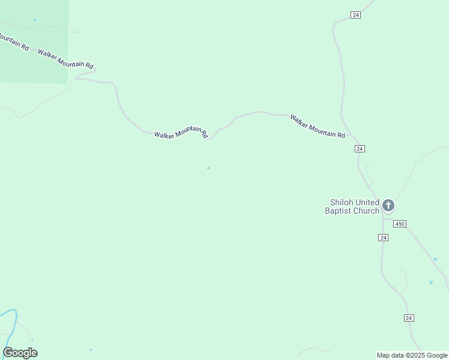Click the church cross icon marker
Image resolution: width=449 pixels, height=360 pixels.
(x=388, y=206)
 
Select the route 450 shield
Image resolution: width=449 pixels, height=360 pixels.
(x=400, y=224)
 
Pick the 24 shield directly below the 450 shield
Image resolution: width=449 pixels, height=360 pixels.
(x=384, y=238)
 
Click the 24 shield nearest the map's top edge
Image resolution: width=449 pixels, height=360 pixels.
(x=355, y=15)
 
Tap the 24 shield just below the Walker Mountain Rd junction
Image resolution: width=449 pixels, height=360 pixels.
(x=360, y=149)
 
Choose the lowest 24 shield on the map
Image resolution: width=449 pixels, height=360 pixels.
(x=409, y=317)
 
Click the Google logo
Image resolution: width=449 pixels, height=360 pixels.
(x=20, y=353)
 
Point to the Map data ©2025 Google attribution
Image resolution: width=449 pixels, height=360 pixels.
(x=412, y=355)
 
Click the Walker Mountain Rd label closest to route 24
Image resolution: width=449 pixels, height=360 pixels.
(x=318, y=127)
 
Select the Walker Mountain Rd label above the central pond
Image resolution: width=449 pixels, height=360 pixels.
(x=181, y=134)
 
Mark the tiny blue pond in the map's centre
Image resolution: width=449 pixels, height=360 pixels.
(x=208, y=168)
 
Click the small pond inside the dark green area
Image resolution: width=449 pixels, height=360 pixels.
(x=35, y=20)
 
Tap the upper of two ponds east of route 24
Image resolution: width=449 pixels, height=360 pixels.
(x=435, y=259)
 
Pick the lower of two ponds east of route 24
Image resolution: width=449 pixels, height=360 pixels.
(x=431, y=282)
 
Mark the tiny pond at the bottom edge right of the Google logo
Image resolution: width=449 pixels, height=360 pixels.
(x=91, y=350)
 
